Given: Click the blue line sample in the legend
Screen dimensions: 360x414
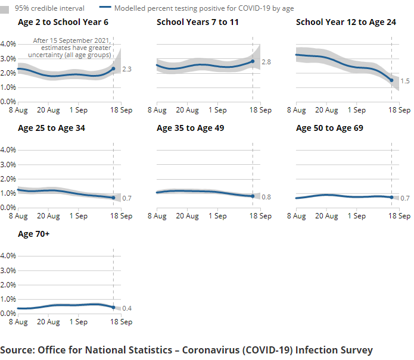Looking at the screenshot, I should click(106, 8).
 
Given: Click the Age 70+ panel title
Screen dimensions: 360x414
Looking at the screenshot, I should click(34, 234).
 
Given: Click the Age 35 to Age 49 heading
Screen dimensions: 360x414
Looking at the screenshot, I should click(190, 128).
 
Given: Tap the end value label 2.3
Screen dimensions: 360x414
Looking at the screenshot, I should click(126, 70).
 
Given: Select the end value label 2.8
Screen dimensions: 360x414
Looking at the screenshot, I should click(266, 62).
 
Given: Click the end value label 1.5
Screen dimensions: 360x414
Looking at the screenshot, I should click(405, 80).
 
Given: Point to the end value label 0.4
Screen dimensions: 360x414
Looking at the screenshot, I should click(126, 308).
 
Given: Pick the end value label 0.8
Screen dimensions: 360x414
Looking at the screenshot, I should click(266, 197).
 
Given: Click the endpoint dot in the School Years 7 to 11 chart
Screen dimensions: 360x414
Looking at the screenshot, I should click(253, 61).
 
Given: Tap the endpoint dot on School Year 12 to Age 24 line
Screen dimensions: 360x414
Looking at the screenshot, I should click(391, 80).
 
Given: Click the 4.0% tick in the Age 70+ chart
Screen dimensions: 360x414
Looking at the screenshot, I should click(8, 256).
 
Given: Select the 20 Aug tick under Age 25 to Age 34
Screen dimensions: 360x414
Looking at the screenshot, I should click(48, 216).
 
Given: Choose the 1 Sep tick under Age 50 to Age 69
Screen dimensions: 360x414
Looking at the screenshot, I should click(357, 216).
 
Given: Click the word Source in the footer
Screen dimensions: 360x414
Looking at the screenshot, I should click(17, 350).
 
